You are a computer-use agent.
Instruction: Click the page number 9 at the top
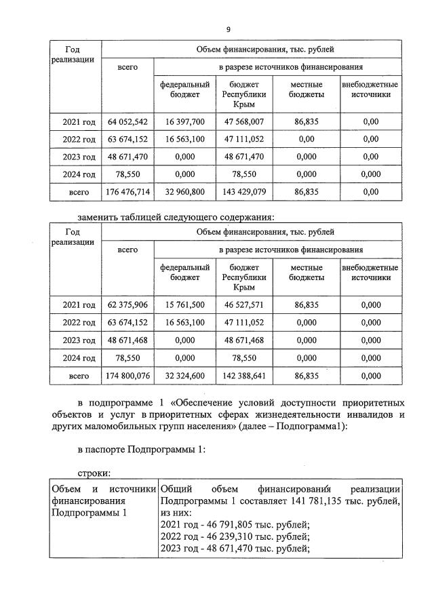229,29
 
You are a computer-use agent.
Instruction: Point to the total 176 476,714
127,192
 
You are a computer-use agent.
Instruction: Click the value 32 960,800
180,192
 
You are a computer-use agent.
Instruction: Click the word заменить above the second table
101,218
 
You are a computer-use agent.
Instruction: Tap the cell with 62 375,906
127,304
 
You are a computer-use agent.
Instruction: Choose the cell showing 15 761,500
180,304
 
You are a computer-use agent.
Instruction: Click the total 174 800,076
127,375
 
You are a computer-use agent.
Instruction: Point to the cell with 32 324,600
180,375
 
